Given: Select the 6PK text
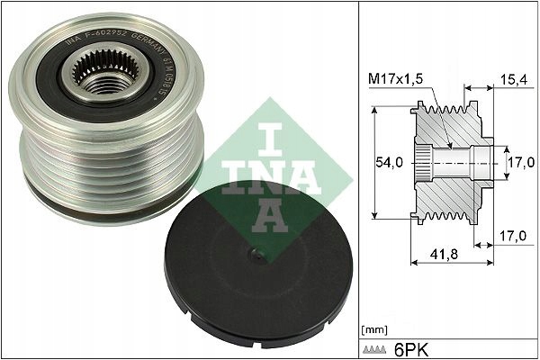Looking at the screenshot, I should [412, 347].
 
